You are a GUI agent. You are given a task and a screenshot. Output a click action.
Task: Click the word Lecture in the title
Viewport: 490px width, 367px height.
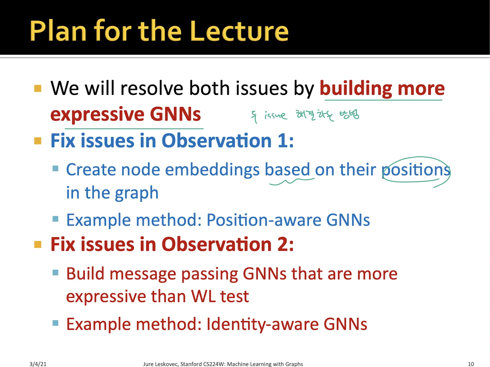coord(239,30)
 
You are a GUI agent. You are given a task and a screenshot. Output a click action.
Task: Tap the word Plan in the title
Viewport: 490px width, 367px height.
coord(58,30)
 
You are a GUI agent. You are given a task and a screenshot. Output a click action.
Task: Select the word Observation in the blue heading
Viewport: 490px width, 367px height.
coord(216,141)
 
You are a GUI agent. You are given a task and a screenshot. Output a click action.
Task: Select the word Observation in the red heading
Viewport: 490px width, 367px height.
coord(216,244)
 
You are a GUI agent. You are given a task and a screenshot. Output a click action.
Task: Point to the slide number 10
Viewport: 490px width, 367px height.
coord(471,364)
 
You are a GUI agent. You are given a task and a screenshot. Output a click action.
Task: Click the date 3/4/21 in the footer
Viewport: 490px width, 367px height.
coord(38,364)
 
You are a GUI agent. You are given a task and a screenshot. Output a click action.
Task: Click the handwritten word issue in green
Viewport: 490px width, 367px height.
coord(276,115)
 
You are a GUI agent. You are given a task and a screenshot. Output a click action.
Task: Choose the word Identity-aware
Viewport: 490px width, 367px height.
coord(262,324)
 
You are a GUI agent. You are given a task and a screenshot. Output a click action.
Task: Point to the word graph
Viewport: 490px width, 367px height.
coord(137,193)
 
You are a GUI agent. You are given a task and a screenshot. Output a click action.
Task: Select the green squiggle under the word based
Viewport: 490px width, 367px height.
coord(292,181)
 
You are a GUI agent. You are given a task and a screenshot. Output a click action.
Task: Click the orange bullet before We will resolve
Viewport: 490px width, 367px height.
coord(38,88)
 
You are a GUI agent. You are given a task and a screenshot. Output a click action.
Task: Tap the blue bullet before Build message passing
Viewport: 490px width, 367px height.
coord(55,272)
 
